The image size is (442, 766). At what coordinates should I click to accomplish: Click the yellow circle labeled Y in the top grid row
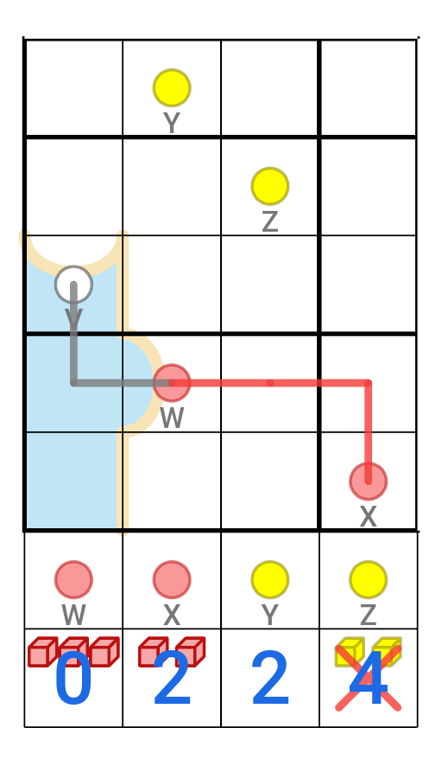[x=171, y=88]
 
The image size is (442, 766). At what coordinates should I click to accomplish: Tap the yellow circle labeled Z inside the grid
[x=270, y=186]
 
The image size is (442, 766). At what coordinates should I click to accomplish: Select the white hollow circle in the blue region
[x=73, y=284]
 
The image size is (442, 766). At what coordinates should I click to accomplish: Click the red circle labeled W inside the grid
[x=172, y=383]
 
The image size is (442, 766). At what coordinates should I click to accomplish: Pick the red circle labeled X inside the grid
[x=369, y=482]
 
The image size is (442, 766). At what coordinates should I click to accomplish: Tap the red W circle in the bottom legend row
[x=73, y=580]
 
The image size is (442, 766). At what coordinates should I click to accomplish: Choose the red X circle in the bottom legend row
[x=172, y=580]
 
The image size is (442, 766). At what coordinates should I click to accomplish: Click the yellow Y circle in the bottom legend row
[x=270, y=580]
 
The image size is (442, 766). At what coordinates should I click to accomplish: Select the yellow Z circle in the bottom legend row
[x=369, y=580]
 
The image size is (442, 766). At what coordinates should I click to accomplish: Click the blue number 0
[x=73, y=679]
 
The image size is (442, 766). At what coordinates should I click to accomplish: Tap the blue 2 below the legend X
[x=172, y=679]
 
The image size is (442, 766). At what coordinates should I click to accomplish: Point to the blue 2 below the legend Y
[x=270, y=679]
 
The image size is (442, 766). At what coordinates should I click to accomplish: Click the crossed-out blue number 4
[x=369, y=679]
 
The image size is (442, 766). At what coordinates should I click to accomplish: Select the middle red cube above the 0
[x=73, y=652]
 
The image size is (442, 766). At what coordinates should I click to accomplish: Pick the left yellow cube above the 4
[x=350, y=652]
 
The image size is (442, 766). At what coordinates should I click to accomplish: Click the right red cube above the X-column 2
[x=190, y=652]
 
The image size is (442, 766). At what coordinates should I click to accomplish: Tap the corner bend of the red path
[x=369, y=383]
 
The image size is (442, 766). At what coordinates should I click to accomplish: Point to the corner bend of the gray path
[x=73, y=383]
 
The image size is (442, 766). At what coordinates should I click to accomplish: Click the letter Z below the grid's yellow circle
[x=270, y=222]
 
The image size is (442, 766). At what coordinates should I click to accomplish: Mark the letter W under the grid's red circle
[x=172, y=418]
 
